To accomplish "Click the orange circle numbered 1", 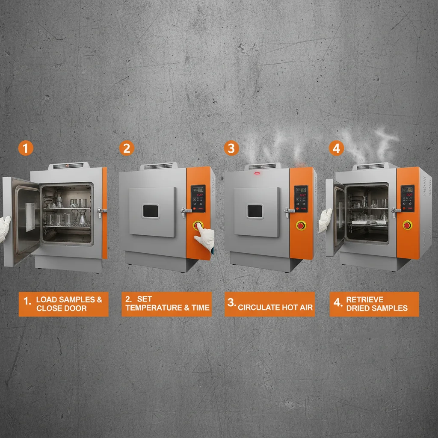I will pos(26,148).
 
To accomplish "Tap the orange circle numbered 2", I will pos(127,148).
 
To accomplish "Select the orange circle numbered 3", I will pos(231,148).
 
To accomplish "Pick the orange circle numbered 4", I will pos(337,148).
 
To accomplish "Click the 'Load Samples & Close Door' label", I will pos(63,304).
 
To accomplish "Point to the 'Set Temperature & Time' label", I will pos(166,304).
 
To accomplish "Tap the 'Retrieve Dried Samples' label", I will pos(374,304).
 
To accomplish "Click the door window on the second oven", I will pos(150,210).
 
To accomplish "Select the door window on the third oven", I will pos(255,211).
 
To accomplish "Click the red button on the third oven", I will pos(301,225).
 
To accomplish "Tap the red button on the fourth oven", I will pos(407,225).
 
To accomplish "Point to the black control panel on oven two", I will pos(198,198).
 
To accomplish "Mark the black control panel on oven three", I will pos(301,198).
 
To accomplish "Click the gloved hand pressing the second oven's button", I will pos(205,237).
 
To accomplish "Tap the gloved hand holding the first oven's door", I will pos(4,227).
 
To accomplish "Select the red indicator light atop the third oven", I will pos(257,173).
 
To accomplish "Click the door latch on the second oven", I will pos(186,210).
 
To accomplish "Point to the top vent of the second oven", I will pos(158,166).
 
